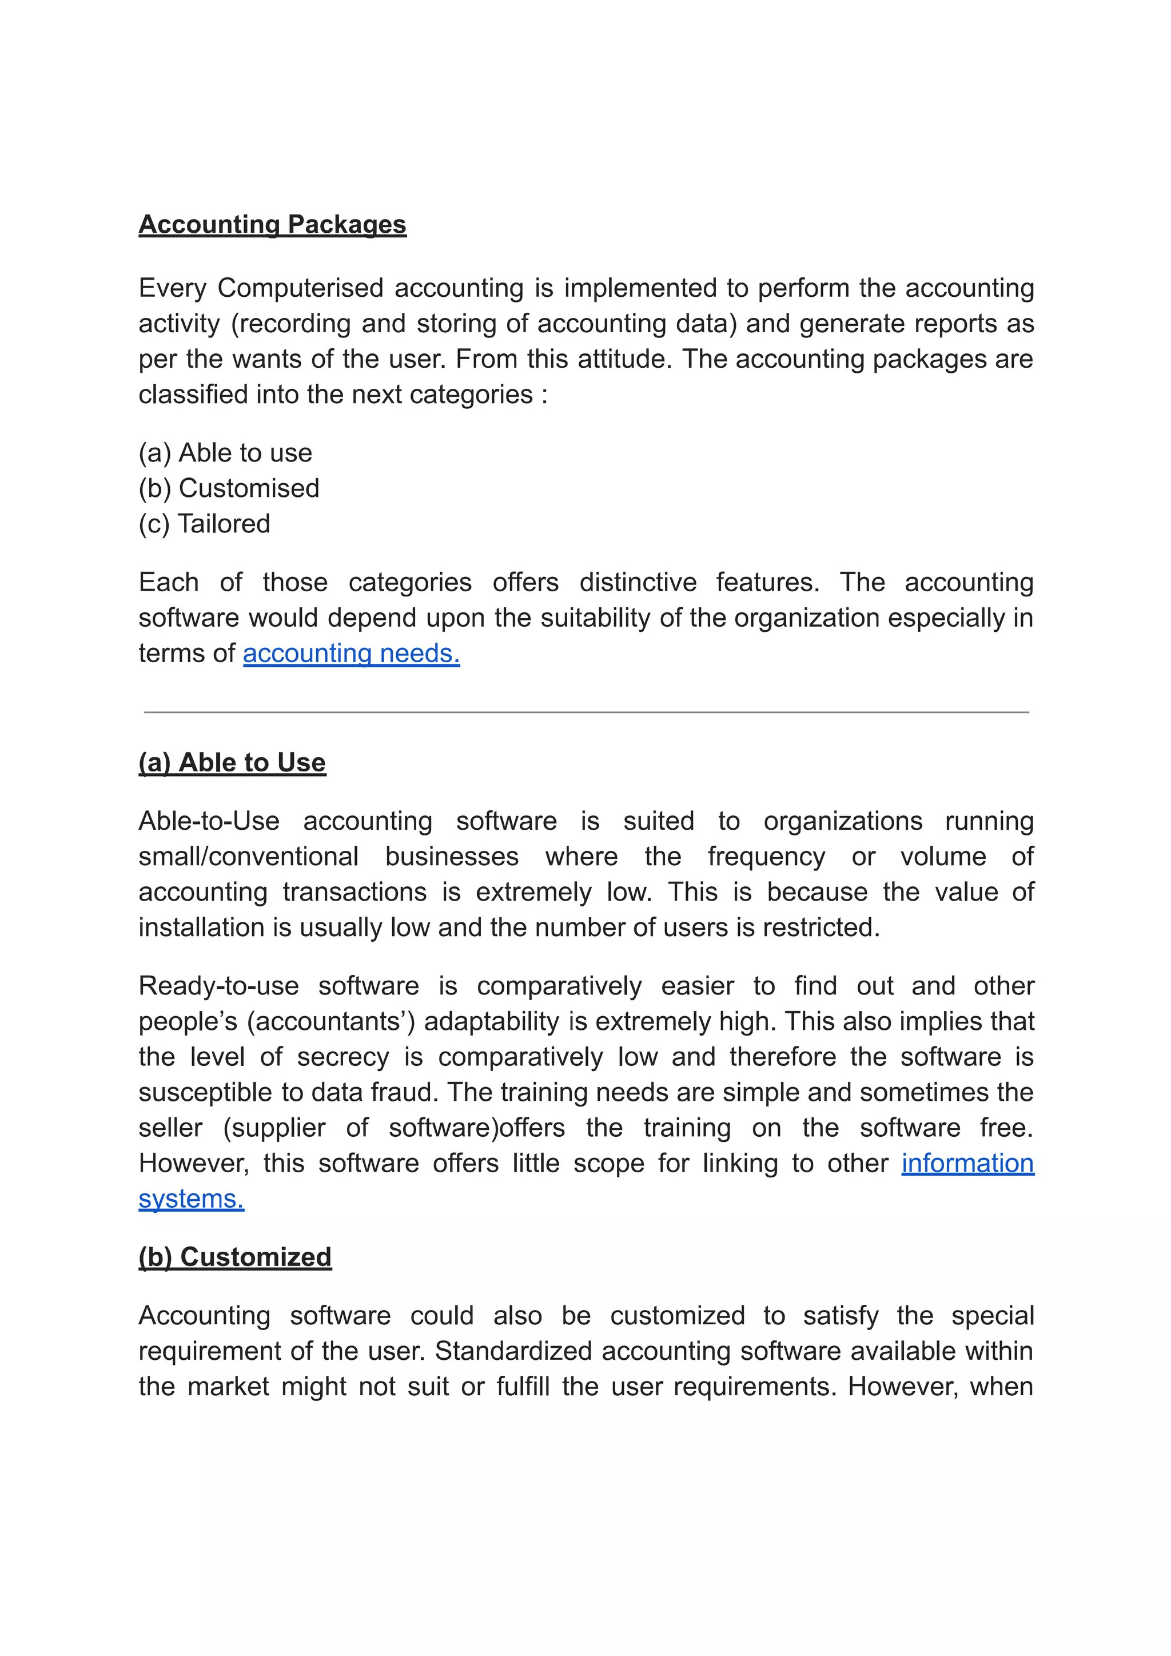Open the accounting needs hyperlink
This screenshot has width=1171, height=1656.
pos(351,654)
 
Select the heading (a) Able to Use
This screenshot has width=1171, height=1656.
pos(232,762)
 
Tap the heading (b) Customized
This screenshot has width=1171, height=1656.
pos(235,1256)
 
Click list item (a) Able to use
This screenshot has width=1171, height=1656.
pos(225,453)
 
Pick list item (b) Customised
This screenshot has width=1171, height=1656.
pos(229,488)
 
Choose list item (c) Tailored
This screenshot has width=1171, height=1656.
pos(204,524)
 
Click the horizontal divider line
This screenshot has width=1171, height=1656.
pos(585,712)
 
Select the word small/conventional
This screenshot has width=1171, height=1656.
pos(248,856)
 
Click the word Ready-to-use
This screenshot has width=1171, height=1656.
pos(218,986)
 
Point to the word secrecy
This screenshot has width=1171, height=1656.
pos(342,1057)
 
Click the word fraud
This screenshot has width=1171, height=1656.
pos(404,1092)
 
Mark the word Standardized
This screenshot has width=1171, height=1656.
pos(514,1351)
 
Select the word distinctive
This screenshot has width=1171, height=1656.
pos(638,582)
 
